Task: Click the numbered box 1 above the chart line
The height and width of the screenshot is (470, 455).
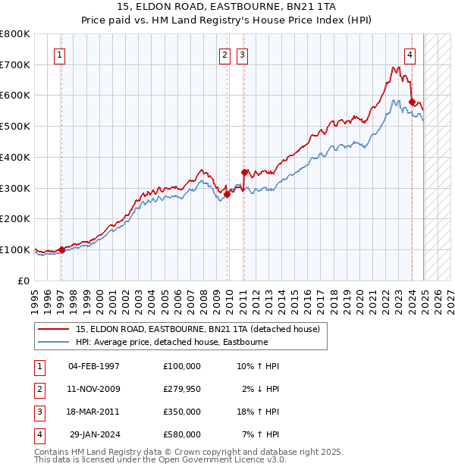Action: click(x=59, y=54)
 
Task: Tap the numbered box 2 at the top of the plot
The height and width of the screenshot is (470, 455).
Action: click(x=225, y=54)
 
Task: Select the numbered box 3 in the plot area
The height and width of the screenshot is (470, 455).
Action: click(x=242, y=54)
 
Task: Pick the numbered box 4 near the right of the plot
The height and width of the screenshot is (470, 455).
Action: click(x=409, y=54)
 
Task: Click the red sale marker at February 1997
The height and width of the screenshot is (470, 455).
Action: click(x=61, y=249)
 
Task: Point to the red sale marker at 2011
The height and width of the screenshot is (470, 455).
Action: click(x=244, y=172)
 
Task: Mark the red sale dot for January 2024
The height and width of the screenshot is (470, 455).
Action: click(x=412, y=102)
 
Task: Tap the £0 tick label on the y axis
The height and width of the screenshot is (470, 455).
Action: click(x=22, y=280)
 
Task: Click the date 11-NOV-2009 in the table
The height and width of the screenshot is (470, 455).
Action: click(x=94, y=389)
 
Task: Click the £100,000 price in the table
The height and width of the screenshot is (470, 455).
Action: click(x=181, y=366)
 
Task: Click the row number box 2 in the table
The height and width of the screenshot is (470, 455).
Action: click(x=37, y=389)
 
